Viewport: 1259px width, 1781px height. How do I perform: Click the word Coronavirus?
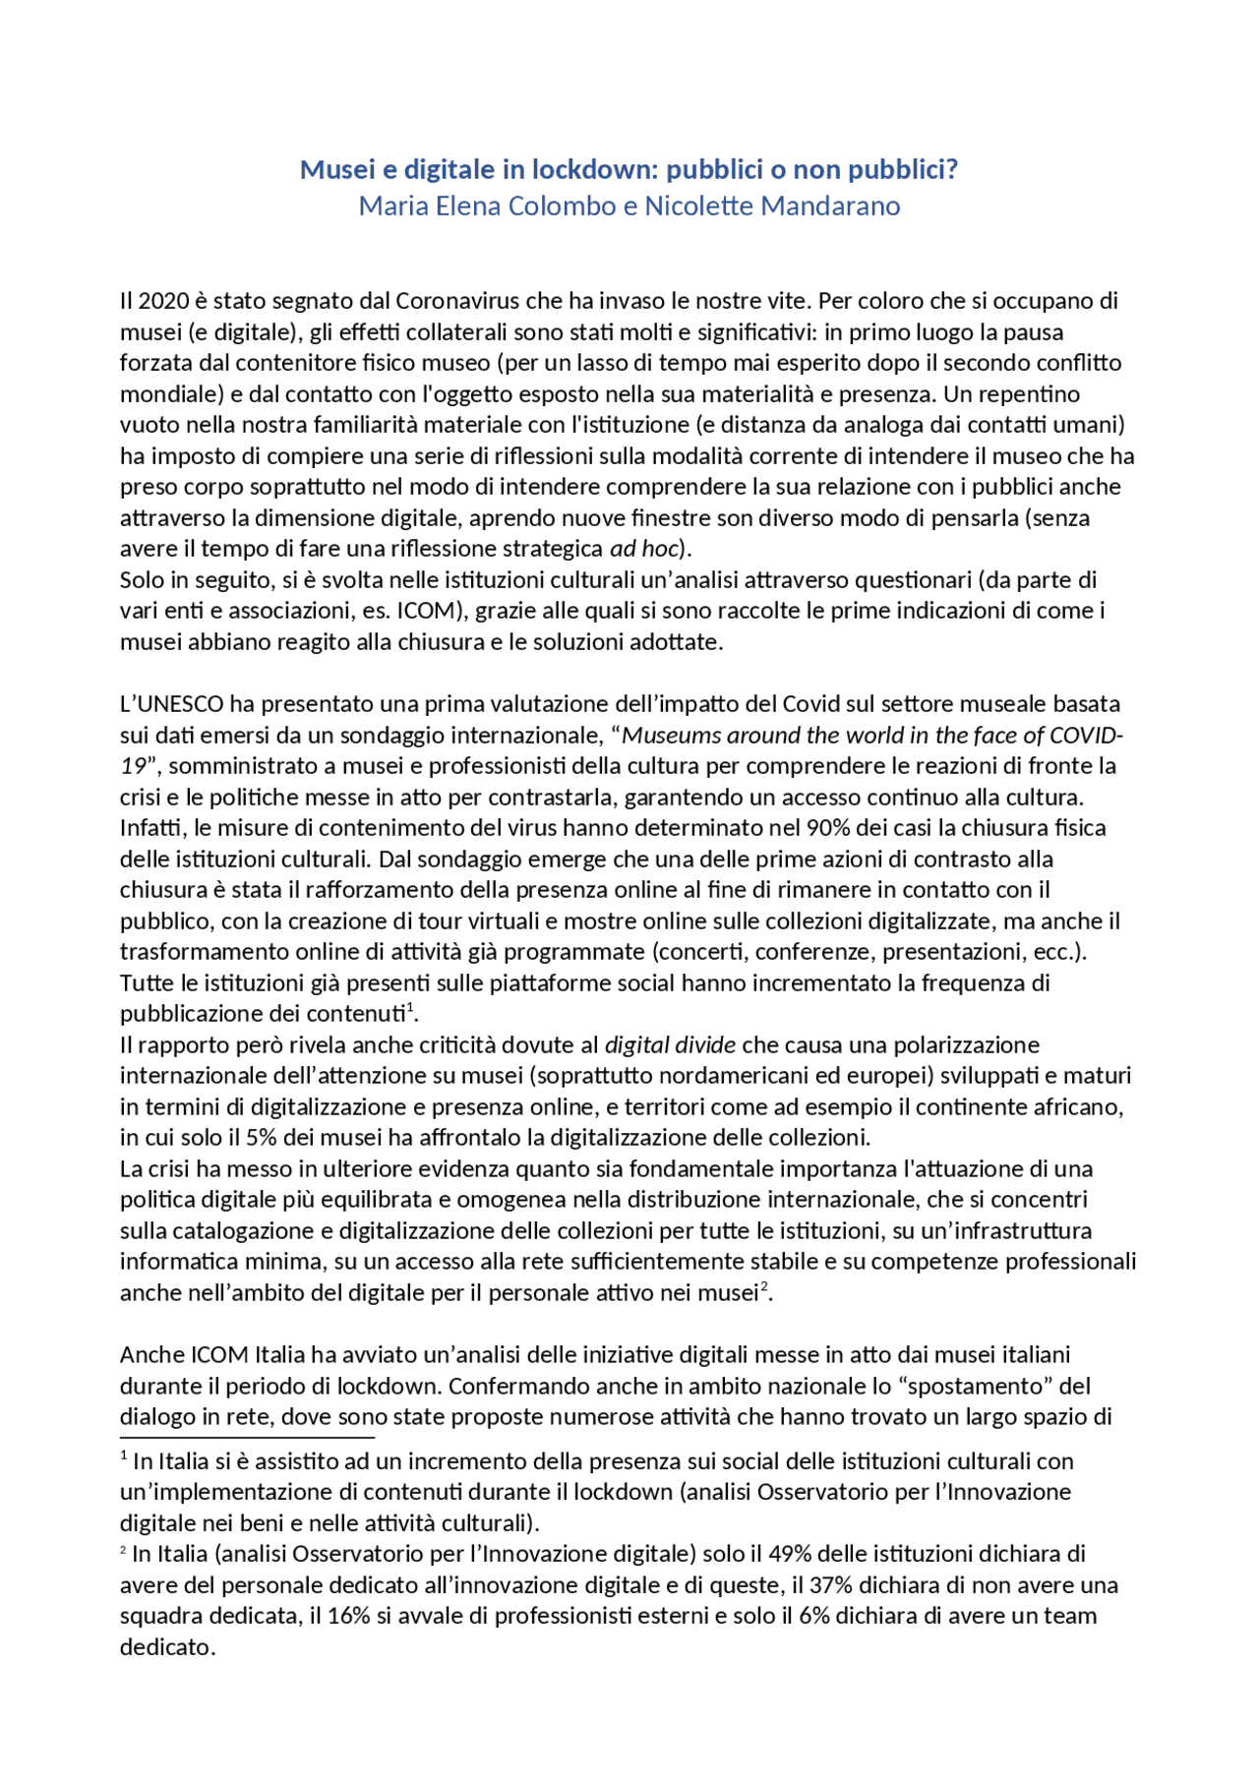[457, 301]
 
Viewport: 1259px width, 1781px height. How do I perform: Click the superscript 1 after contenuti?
[409, 1007]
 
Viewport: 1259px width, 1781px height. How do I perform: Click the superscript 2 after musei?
[764, 1286]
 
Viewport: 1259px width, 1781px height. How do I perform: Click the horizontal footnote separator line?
[233, 1437]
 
